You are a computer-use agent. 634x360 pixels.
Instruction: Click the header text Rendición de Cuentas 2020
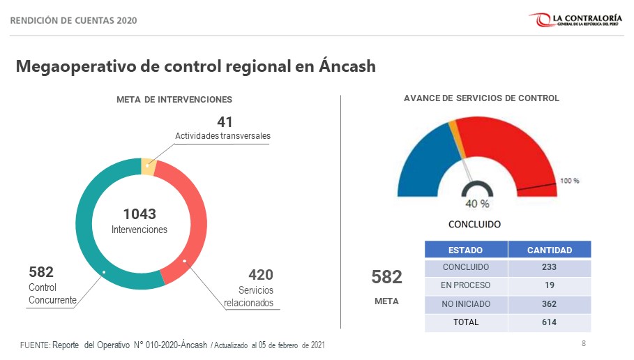pos(73,20)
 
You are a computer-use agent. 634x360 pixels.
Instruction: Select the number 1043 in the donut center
pos(139,214)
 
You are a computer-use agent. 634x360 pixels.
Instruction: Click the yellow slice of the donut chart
pos(148,167)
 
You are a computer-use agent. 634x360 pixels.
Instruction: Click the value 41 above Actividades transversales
pos(225,122)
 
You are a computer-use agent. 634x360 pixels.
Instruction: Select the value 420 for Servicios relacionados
pos(260,275)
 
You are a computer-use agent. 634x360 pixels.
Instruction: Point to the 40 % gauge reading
pos(477,204)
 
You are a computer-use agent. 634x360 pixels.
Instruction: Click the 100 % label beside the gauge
pos(570,181)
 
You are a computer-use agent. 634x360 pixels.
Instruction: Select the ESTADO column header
pos(465,250)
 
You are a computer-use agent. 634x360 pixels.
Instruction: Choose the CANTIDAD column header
pos(549,250)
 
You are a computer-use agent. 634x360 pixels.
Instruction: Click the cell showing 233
pos(549,267)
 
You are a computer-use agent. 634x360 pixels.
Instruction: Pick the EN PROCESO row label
pos(465,285)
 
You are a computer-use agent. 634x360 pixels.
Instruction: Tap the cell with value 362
pos(549,304)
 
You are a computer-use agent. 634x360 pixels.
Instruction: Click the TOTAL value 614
pos(549,322)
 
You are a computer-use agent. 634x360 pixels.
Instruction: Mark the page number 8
pos(583,343)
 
